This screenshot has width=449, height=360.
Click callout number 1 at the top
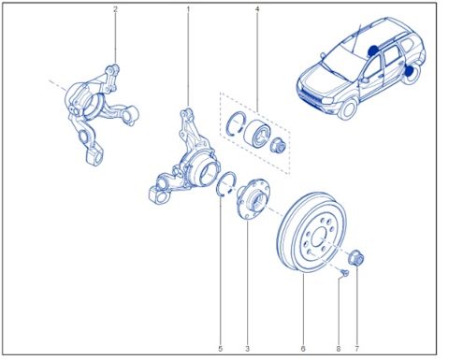(187, 10)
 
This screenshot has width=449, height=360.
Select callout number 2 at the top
(115, 10)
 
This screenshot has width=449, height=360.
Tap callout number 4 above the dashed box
(257, 10)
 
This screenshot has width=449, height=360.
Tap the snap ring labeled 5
(224, 185)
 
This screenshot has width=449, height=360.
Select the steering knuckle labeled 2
(97, 105)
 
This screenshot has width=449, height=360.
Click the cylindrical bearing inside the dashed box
(256, 132)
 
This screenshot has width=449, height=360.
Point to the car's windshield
(354, 44)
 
